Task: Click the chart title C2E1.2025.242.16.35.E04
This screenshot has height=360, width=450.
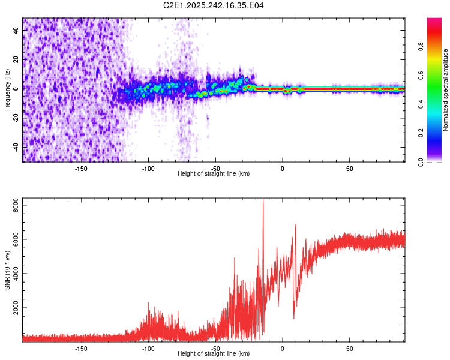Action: (x=214, y=5)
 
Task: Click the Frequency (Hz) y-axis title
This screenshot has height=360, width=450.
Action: (x=7, y=90)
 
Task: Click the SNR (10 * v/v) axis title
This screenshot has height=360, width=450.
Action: (x=7, y=269)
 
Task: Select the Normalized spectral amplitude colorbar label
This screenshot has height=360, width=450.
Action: (x=446, y=90)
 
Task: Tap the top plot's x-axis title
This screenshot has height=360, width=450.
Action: (x=214, y=173)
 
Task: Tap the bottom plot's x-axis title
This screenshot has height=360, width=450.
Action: (x=214, y=353)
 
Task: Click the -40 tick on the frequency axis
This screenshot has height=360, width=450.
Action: (x=16, y=147)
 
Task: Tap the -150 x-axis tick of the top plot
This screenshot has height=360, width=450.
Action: (x=82, y=168)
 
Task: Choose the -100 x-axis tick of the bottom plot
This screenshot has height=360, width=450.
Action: (x=149, y=348)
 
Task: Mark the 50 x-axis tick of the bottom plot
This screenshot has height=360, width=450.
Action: (x=349, y=348)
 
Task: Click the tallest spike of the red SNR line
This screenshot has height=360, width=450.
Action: (x=263, y=200)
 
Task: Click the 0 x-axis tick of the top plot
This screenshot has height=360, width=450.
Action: (x=283, y=168)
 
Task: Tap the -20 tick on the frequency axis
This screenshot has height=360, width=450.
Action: (x=16, y=118)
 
